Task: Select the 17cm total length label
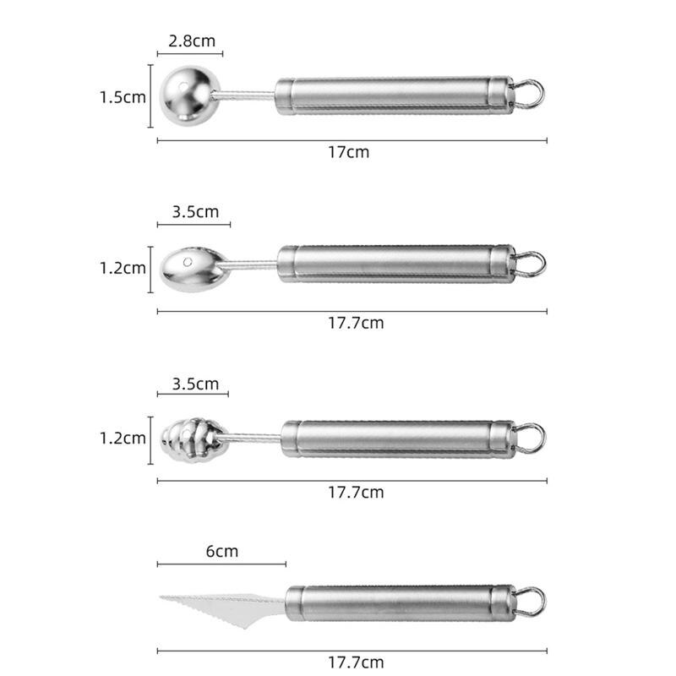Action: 349,153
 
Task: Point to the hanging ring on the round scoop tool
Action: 530,95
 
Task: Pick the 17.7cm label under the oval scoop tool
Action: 356,323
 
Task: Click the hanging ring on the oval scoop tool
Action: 531,264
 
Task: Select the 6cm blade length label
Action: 222,552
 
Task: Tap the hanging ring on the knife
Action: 531,602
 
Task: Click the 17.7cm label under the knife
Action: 356,662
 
